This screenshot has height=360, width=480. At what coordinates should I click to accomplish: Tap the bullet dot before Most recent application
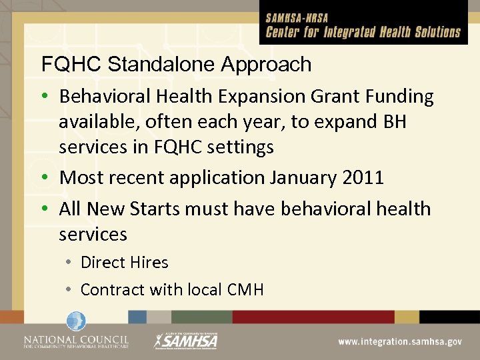47,179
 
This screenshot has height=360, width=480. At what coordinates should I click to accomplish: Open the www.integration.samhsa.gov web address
399,341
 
